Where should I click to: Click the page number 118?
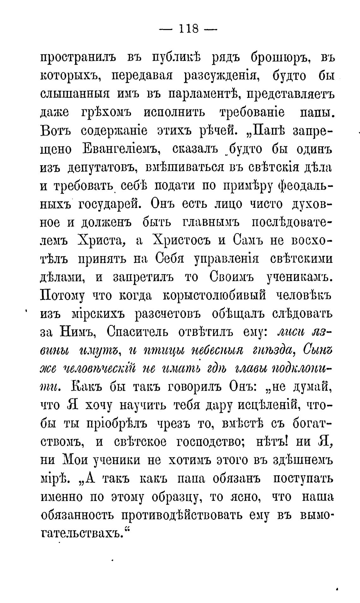188,29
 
